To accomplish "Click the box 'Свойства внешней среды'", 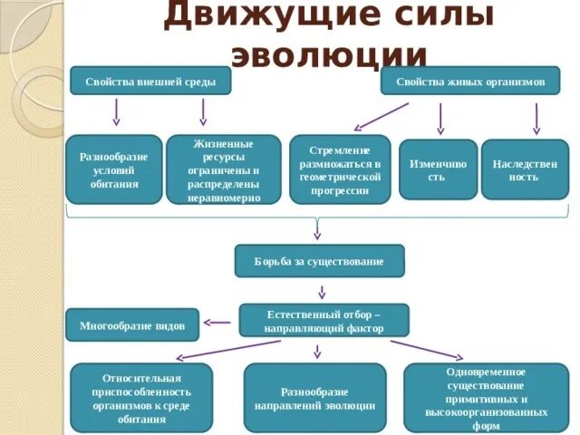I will (x=150, y=81).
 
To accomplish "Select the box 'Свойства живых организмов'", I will (x=469, y=81).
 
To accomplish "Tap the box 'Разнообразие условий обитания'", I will (x=114, y=169).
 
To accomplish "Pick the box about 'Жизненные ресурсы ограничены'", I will (x=223, y=169).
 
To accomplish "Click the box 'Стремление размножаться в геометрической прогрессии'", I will (x=340, y=169).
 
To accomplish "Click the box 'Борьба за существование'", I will (x=319, y=261).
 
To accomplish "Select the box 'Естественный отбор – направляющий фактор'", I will (x=324, y=321).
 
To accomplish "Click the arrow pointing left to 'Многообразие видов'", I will (x=217, y=322).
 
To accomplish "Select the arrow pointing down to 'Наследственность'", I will (x=536, y=118).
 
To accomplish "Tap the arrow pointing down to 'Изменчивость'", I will (x=440, y=118).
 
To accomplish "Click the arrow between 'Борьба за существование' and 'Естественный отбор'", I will (x=321, y=292).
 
